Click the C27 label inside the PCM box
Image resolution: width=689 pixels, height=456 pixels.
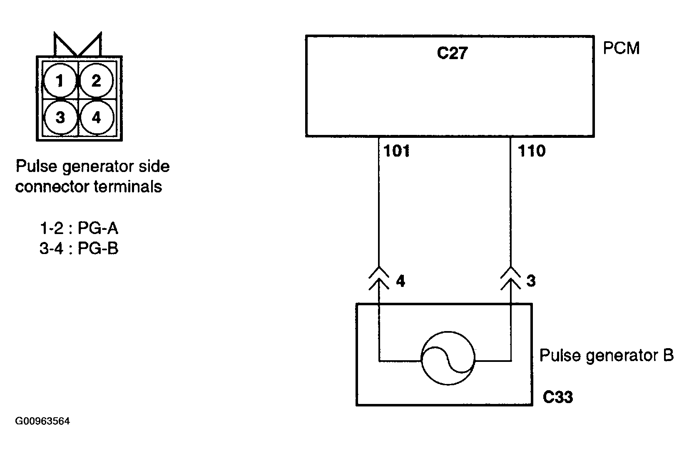452,53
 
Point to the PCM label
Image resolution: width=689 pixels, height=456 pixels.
621,48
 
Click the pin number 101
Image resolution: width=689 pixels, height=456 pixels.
397,151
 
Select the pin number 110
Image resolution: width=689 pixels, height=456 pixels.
532,151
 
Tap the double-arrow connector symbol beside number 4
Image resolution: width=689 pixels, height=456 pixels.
379,278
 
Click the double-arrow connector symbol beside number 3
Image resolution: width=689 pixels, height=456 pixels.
510,278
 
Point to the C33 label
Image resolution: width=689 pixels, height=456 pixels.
558,397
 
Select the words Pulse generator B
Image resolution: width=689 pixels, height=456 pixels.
607,356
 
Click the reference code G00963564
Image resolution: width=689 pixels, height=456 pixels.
42,421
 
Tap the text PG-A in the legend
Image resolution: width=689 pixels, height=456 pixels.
98,228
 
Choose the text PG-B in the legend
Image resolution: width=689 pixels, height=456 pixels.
98,248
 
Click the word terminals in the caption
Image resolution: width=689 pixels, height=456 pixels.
128,187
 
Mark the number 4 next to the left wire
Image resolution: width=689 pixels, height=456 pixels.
400,281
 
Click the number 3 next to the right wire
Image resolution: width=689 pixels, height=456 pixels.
531,281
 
